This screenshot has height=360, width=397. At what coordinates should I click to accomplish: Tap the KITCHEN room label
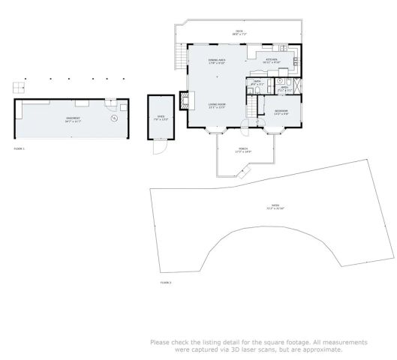270,60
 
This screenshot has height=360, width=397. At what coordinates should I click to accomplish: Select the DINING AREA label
217,60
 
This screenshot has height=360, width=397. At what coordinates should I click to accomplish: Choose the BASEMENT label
72,118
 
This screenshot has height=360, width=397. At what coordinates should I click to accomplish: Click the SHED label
160,117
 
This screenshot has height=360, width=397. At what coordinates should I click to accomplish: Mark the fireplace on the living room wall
182,100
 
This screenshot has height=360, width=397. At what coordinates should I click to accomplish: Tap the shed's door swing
158,148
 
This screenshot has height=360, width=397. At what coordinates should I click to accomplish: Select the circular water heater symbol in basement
114,118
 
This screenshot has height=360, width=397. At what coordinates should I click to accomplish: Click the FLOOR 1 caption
19,149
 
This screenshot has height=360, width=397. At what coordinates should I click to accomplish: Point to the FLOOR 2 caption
165,282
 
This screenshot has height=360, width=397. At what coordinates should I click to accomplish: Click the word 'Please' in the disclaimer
160,342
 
